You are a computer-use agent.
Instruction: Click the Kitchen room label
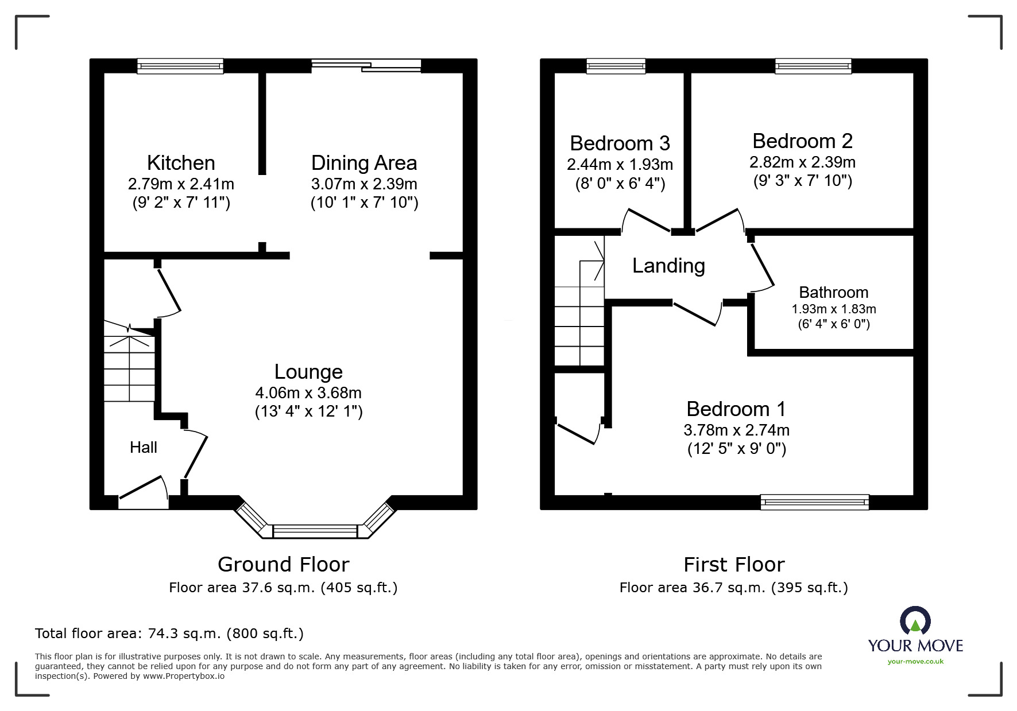pos(181,163)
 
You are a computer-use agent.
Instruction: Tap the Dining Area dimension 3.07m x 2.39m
pos(364,184)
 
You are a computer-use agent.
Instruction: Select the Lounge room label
pos(308,372)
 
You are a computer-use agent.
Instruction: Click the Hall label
pos(143,448)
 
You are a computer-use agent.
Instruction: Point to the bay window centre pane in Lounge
pos(315,531)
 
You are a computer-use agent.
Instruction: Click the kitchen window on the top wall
pos(180,67)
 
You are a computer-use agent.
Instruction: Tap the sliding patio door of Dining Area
pos(366,65)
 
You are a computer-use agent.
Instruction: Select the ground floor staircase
pos(129,367)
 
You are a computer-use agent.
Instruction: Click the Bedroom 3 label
pos(620,143)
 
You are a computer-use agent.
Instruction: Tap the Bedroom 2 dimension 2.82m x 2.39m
pos(802,162)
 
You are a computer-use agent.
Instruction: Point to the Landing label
pos(668,266)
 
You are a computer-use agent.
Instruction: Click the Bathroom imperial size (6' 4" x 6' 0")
pos(834,324)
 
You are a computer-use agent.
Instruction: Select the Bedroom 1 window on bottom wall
pos(814,502)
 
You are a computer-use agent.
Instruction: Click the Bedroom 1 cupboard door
pos(577,433)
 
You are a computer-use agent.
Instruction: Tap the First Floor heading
pos(733,565)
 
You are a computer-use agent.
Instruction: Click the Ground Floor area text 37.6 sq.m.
pos(283,588)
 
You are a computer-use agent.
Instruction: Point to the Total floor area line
pos(169,634)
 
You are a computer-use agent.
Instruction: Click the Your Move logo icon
pos(915,621)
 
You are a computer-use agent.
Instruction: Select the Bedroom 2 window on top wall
pos(813,67)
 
